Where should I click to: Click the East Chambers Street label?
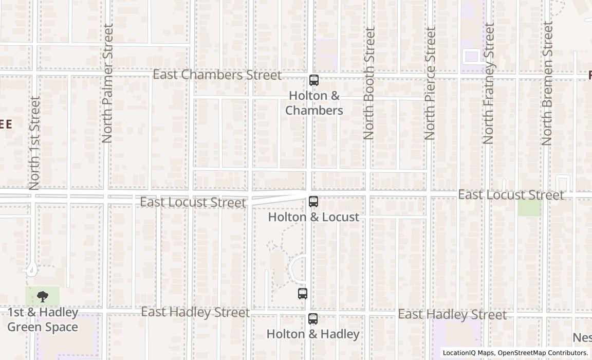point(217,75)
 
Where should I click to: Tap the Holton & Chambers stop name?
point(314,103)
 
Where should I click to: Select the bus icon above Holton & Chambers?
point(314,80)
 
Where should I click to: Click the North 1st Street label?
point(34,143)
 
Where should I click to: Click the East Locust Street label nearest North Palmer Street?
point(193,202)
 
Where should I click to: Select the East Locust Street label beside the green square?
point(511,195)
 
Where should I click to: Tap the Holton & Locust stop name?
point(313,217)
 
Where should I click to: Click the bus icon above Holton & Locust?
point(313,202)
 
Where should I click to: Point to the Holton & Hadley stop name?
point(313,334)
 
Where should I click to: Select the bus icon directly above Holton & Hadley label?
point(313,319)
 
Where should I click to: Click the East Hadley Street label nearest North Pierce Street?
point(452,314)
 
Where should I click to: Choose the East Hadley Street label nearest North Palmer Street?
point(195,312)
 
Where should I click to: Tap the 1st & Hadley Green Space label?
point(43,320)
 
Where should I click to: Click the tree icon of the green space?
point(43,296)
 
